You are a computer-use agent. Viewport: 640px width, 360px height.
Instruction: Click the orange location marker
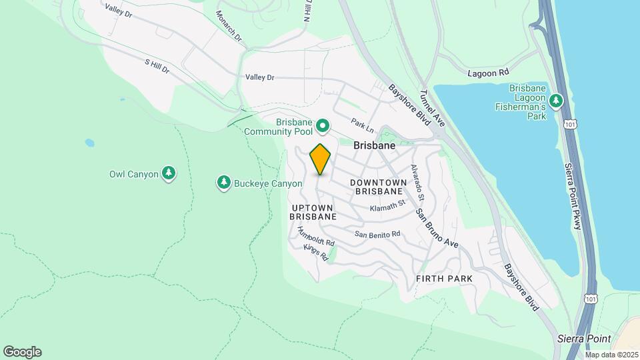320,159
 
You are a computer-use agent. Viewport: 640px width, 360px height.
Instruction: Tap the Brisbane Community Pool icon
323,125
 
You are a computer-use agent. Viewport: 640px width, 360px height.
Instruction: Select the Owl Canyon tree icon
169,174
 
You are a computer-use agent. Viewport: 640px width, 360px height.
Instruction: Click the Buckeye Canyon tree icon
224,183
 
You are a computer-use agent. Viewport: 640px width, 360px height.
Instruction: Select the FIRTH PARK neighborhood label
444,278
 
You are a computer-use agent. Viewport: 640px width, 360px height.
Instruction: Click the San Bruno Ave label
437,229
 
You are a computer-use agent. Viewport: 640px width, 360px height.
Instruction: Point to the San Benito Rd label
377,234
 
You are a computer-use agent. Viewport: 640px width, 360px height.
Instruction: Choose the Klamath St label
388,207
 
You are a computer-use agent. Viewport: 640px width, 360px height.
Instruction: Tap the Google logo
22,352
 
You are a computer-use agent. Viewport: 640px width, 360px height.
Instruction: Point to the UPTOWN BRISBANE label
313,212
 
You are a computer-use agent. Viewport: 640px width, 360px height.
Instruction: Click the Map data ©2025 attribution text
611,355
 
